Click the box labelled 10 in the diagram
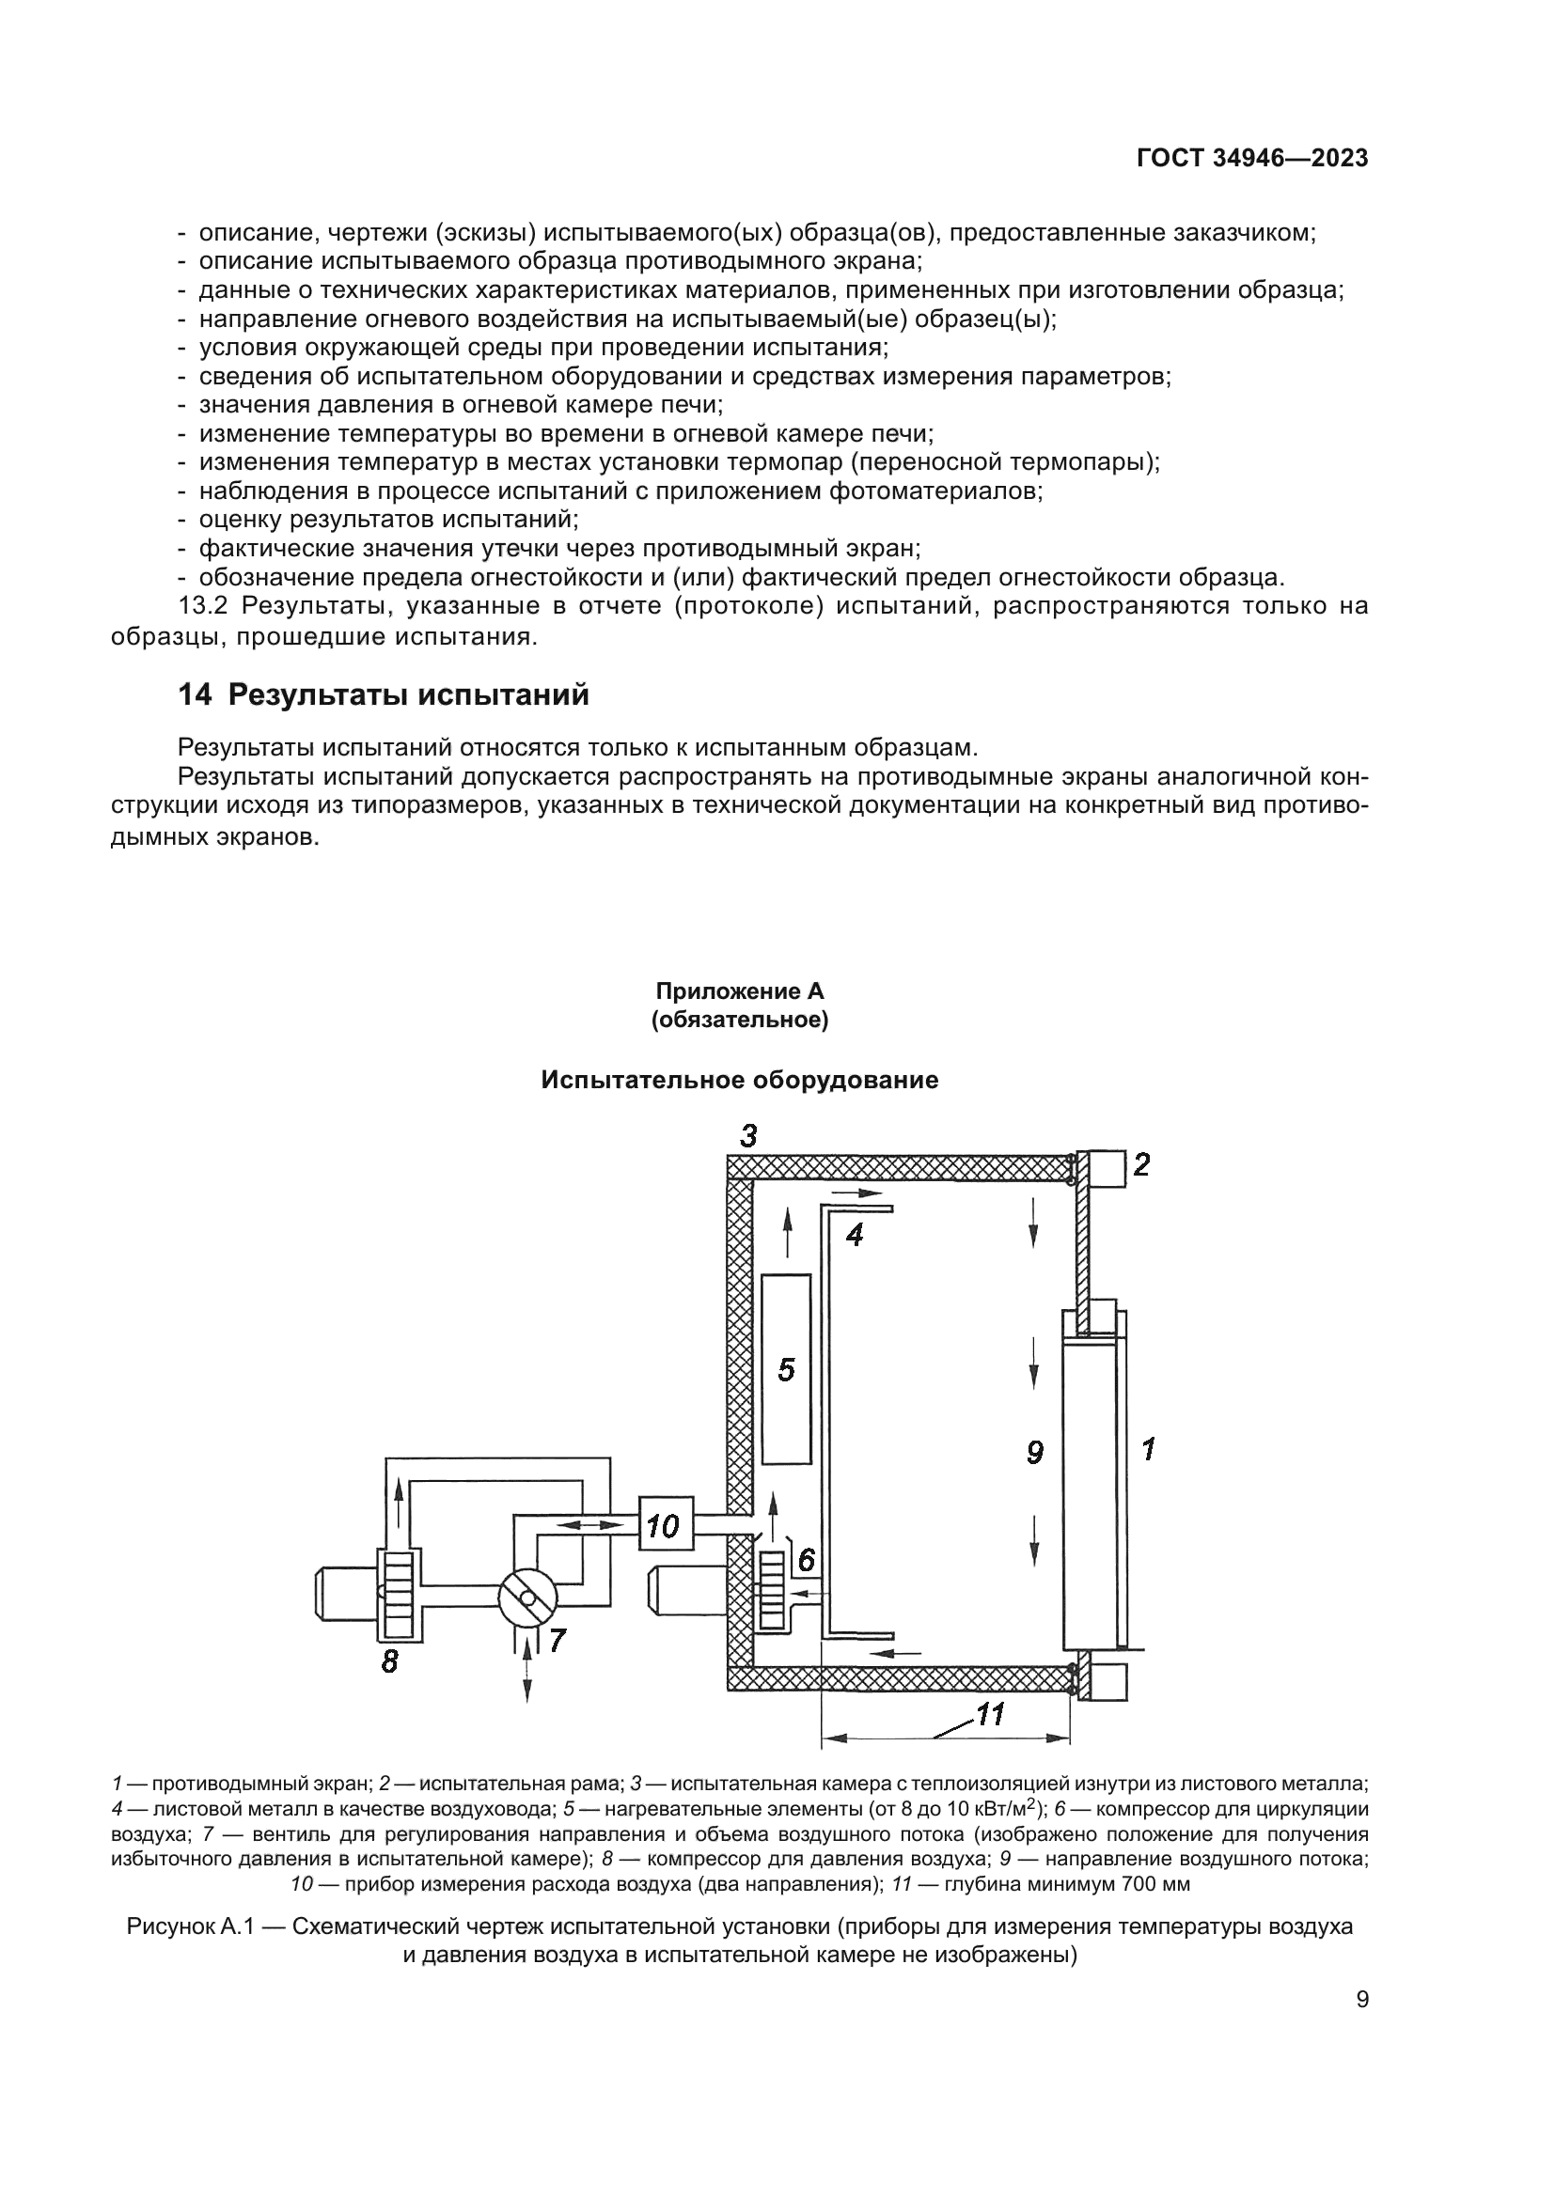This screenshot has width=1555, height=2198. (664, 1526)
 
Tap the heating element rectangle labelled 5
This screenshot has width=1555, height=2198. (786, 1370)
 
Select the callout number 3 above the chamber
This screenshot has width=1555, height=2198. (747, 1137)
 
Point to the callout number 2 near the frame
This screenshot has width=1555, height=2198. (1140, 1165)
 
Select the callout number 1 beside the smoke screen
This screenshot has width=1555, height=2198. (1148, 1449)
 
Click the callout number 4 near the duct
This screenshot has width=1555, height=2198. (854, 1236)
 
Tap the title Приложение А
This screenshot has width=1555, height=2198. (739, 991)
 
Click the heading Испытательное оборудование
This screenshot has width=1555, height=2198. (739, 1080)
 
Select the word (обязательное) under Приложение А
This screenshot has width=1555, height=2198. (739, 1021)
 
